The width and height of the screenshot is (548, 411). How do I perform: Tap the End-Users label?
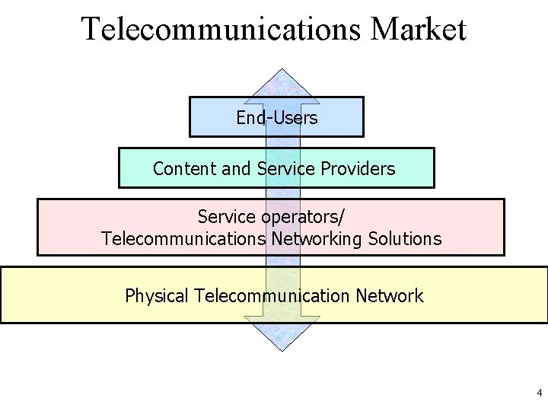[276, 118]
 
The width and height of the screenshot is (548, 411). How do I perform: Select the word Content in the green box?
[185, 168]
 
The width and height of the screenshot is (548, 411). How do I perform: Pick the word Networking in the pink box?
[317, 239]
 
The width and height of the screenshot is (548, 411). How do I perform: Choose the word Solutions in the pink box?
[405, 239]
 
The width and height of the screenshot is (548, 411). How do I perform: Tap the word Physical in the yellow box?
[157, 296]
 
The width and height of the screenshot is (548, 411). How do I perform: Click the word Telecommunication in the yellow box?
[269, 295]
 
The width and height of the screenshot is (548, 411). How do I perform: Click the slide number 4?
[539, 393]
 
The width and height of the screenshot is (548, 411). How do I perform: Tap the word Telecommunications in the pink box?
[183, 239]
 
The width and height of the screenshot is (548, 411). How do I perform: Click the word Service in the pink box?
[225, 216]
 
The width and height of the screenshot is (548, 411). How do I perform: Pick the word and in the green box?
[236, 168]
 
